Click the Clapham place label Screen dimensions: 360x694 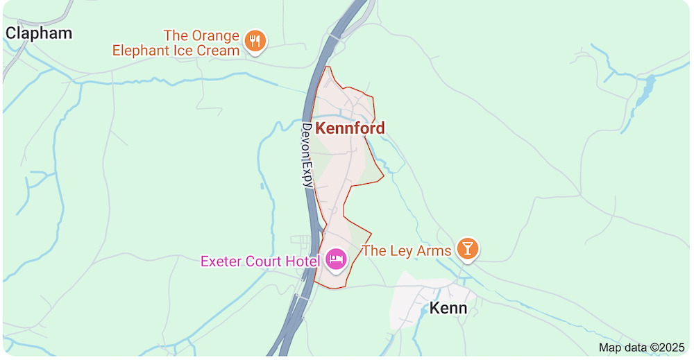[x=39, y=33]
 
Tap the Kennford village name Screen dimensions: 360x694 [x=350, y=128]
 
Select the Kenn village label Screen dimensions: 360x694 [x=448, y=307]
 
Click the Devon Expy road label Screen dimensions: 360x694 [x=307, y=155]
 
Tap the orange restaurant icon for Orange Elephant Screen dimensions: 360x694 [x=256, y=41]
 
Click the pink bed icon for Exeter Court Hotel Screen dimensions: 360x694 [x=337, y=260]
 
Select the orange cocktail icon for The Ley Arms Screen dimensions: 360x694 [x=468, y=249]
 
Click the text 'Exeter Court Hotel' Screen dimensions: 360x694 [x=260, y=262]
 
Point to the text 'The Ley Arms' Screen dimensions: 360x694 [x=407, y=251]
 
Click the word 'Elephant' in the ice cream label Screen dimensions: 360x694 [x=142, y=50]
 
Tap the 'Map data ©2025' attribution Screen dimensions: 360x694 [x=641, y=348]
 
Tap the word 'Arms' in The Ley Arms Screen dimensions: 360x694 [x=435, y=251]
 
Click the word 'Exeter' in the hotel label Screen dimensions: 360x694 [x=221, y=262]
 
